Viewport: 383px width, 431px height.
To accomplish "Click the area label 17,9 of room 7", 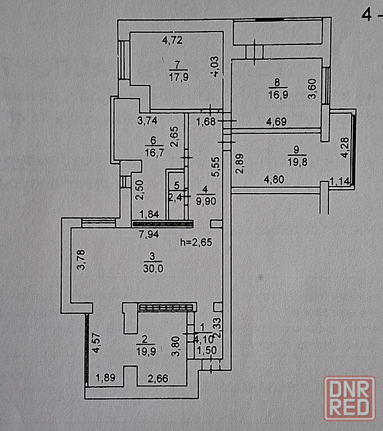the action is (178, 77).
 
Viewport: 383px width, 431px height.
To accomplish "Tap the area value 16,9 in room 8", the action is (278, 95).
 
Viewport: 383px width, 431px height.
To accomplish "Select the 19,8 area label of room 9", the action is (297, 162).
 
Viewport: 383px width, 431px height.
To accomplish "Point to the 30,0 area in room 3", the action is (153, 268).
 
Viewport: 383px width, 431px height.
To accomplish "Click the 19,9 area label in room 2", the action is (146, 351).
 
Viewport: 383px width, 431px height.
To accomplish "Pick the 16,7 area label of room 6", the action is (154, 152).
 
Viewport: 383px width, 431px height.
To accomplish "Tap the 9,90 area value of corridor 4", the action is (206, 201).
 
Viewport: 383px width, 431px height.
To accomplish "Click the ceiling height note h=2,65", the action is (196, 242).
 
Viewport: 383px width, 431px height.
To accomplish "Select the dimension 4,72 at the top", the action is (173, 41).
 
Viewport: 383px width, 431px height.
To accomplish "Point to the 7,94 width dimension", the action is (149, 234).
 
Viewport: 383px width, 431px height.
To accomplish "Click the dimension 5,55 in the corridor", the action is (216, 167).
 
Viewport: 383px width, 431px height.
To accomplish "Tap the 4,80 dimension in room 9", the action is (274, 179).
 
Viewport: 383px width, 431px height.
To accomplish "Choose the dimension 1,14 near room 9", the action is (339, 181).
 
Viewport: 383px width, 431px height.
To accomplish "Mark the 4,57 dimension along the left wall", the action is (96, 343).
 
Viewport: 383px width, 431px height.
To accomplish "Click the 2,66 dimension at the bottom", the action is (158, 378).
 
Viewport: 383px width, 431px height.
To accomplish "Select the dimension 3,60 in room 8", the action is (312, 89).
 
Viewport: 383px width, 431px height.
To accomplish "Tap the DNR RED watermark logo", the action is (350, 399).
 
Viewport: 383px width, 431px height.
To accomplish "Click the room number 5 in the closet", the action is (177, 185).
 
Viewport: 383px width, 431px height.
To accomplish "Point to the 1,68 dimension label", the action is (206, 122).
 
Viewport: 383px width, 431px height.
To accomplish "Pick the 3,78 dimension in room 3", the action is (82, 259).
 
